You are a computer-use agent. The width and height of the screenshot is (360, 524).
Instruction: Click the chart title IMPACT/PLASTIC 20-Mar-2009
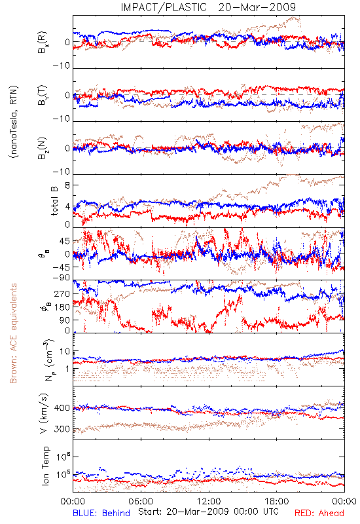pos(208,7)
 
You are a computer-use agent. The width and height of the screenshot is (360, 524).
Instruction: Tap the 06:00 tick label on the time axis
pos(141,501)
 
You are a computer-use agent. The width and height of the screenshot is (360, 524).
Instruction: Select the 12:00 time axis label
pos(209,501)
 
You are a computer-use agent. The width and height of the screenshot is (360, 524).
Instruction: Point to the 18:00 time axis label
pos(277,501)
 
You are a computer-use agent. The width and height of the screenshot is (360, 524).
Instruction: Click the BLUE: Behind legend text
pos(101,513)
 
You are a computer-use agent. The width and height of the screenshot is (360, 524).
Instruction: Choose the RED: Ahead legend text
pos(319,513)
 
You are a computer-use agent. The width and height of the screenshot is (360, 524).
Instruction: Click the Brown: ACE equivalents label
pos(12,333)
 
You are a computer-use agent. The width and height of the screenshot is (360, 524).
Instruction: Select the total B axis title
pos(54,201)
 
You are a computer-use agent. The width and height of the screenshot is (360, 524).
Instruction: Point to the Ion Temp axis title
pos(45,466)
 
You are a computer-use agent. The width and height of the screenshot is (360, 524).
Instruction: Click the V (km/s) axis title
pos(44,413)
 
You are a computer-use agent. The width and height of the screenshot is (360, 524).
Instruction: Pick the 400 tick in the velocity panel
pos(62,408)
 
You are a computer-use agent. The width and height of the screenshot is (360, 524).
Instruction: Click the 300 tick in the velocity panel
pos(62,429)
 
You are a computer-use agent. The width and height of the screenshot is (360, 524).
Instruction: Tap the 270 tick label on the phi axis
pos(62,293)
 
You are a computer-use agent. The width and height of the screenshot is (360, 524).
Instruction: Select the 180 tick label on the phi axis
pos(62,307)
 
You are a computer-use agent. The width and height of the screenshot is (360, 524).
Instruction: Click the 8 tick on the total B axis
pos(67,185)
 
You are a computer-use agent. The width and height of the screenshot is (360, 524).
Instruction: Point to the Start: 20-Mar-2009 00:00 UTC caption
pos(208,512)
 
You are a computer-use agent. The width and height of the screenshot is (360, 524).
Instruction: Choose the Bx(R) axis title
pos(43,43)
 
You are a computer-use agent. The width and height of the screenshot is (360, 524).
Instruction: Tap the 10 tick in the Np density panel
pos(65,352)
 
